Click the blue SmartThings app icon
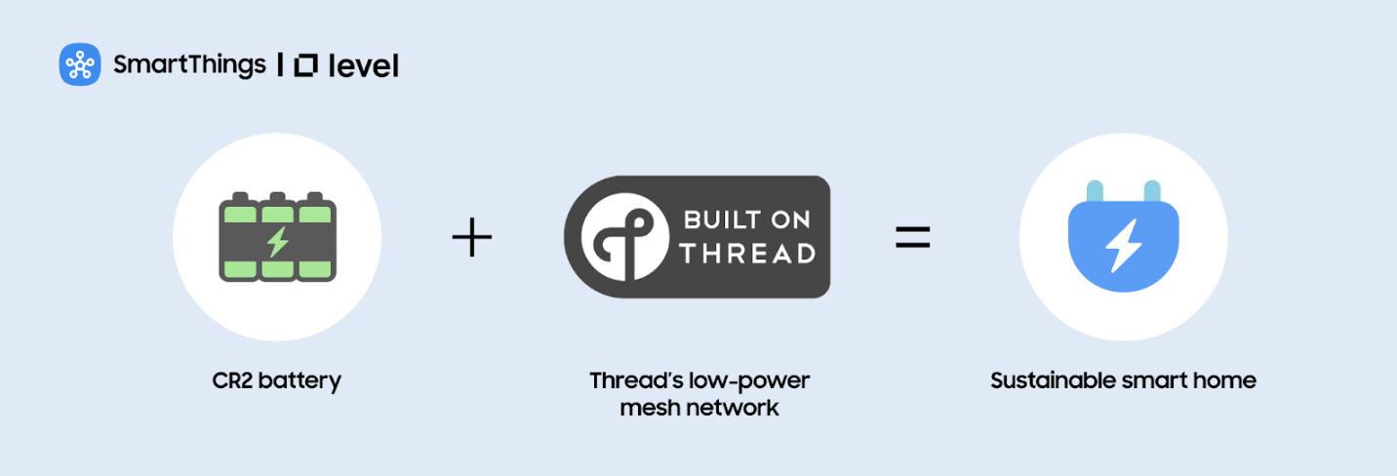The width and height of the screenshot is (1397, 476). (80, 65)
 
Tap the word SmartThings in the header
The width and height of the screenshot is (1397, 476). (189, 65)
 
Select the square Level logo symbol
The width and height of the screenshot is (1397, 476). (305, 65)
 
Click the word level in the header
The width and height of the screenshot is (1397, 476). (364, 66)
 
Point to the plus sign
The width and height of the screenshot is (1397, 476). (472, 237)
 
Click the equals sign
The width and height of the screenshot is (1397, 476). (913, 237)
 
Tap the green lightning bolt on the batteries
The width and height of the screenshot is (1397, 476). (278, 240)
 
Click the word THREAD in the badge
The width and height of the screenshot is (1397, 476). (747, 254)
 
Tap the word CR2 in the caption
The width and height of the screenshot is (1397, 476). (234, 380)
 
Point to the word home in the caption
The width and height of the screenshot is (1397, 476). (1227, 380)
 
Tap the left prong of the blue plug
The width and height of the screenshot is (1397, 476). (1095, 191)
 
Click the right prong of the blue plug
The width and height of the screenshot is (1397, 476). (1152, 191)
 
